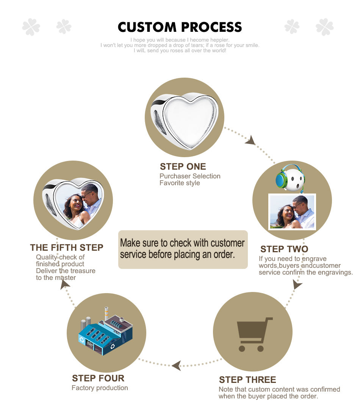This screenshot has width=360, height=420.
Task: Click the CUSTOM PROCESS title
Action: pos(180,27)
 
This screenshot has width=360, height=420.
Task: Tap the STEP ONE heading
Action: pos(183,167)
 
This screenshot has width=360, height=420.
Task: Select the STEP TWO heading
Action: pos(284,249)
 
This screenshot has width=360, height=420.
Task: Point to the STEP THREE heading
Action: pos(247,380)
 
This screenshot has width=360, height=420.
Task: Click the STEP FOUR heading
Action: pos(98,378)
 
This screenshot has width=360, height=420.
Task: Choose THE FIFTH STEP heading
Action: pos(66,248)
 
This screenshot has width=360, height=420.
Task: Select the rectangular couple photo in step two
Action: pos(292,212)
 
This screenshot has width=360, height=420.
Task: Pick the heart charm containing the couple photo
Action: pos(73,204)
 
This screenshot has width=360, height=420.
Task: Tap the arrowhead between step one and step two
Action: pos(250,141)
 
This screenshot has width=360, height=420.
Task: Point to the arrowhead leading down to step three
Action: pos(297,284)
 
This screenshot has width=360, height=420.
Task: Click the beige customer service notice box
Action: pos(183,249)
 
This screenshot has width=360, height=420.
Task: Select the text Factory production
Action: pos(100,388)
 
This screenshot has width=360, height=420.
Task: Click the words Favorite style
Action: pos(180,183)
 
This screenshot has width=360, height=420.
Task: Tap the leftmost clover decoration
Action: pos(31,27)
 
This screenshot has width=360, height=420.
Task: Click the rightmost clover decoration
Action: pos(325,27)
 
